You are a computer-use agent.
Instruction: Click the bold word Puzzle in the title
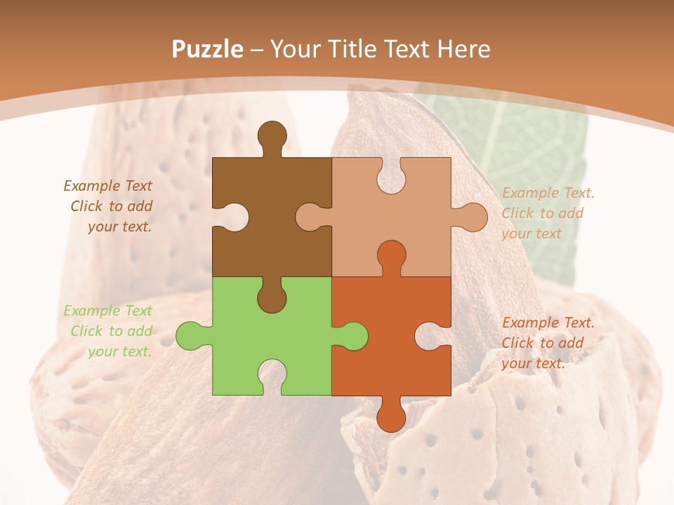pos(208,49)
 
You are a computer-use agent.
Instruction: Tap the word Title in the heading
pos(352,49)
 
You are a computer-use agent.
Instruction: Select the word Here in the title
pos(463,49)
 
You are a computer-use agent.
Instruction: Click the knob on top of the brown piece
pos(272,137)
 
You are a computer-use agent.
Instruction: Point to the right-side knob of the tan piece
pos(471,217)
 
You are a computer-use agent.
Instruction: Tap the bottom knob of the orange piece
pos(391,415)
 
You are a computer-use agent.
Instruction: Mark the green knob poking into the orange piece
pos(351,336)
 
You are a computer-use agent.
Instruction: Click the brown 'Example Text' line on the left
pos(108,186)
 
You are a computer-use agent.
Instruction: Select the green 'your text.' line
pos(119,351)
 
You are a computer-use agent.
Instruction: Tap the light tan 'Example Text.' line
pos(548,193)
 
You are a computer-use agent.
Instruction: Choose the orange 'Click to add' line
pos(543,343)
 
